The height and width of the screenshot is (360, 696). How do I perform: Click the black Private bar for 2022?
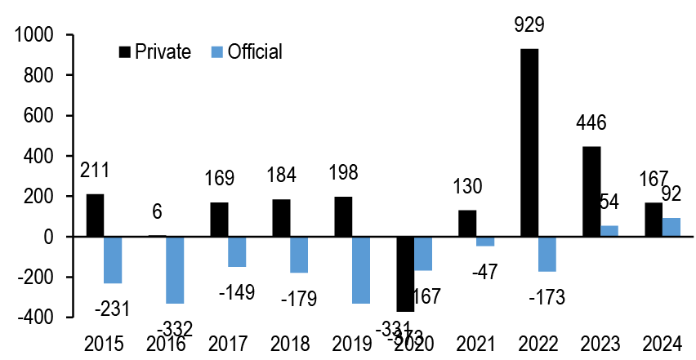pos(529,143)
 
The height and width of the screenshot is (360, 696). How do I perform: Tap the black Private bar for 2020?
pos(405,274)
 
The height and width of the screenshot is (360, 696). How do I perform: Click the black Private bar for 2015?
pos(95,216)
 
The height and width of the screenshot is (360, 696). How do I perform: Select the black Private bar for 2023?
pos(591,192)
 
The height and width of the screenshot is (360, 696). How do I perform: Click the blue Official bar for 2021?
pos(485,241)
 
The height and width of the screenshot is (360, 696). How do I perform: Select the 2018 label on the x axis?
pos(290,344)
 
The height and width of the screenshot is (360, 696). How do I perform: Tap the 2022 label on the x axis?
pos(538,344)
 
